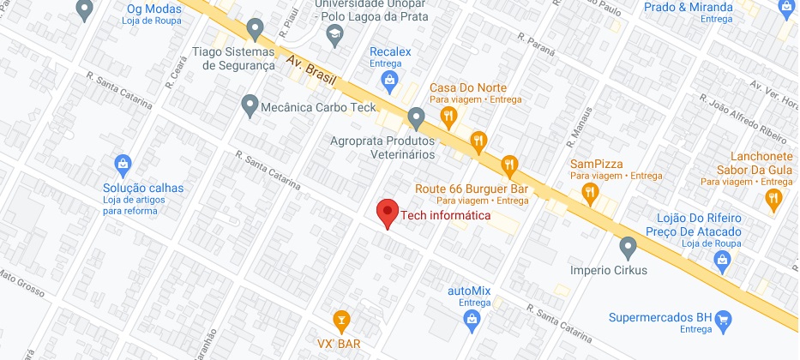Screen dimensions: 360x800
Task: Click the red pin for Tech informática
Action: click(x=388, y=213)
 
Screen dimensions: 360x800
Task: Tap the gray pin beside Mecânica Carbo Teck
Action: click(x=250, y=106)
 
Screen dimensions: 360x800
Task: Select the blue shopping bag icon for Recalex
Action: click(x=390, y=81)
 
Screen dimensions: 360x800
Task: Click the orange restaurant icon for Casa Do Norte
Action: click(x=447, y=114)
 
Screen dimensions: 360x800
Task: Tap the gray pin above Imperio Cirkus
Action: click(x=629, y=248)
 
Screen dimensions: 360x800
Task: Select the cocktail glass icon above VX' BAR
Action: click(x=342, y=321)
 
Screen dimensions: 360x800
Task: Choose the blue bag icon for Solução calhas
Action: click(x=123, y=163)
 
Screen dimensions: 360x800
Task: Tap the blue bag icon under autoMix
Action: click(x=469, y=319)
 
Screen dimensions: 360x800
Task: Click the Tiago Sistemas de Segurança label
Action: click(x=234, y=58)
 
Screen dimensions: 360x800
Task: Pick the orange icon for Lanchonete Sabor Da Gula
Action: click(x=773, y=199)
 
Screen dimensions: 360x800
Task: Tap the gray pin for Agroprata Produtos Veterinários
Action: click(x=417, y=116)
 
